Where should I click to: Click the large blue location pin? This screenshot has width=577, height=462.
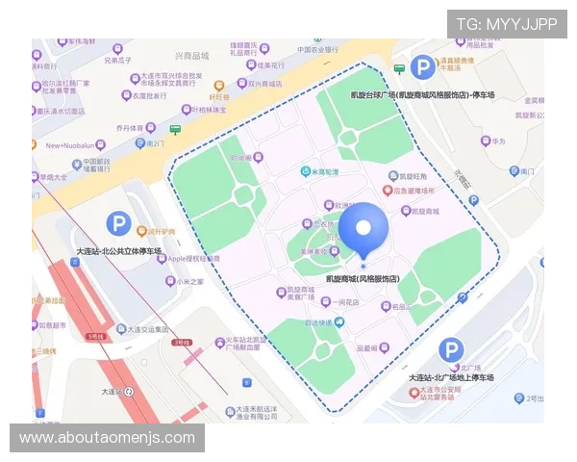[364, 229]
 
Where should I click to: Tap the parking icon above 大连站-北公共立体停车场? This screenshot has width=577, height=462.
[117, 225]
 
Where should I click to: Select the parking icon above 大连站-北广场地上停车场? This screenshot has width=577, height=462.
[450, 351]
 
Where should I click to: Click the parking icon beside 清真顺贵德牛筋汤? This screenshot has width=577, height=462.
[421, 66]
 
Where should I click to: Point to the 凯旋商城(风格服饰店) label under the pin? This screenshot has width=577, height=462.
[363, 278]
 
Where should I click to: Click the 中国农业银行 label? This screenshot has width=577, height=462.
[317, 49]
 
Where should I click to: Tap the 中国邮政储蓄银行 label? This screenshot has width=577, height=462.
[103, 167]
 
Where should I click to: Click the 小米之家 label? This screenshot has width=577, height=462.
[189, 282]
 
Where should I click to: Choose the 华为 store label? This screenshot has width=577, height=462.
[497, 141]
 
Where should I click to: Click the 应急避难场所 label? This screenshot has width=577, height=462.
[420, 191]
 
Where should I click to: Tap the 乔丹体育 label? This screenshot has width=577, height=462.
[136, 127]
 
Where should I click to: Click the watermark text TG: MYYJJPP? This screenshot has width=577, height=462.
[507, 23]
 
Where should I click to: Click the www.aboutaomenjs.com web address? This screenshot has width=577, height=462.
[108, 438]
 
